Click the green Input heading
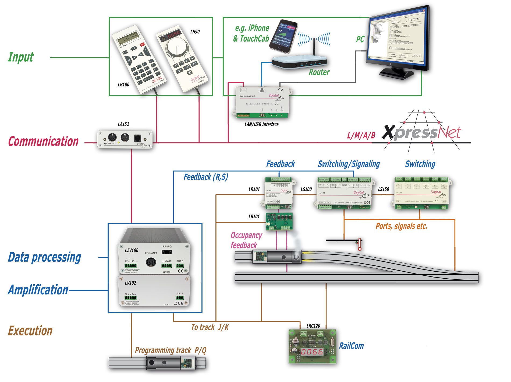[x=21, y=57]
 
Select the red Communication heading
[x=43, y=142]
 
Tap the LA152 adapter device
[x=125, y=139]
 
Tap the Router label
[x=319, y=72]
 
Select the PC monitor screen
[x=397, y=36]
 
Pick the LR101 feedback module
[x=279, y=193]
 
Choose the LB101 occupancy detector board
[x=279, y=221]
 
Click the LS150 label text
[x=383, y=189]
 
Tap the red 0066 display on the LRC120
[x=312, y=352]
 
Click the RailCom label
[x=351, y=346]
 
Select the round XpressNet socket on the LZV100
[x=151, y=262]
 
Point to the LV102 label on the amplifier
[x=130, y=283]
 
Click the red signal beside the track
[x=359, y=244]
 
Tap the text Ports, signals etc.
[x=401, y=226]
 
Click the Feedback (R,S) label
[x=206, y=177]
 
